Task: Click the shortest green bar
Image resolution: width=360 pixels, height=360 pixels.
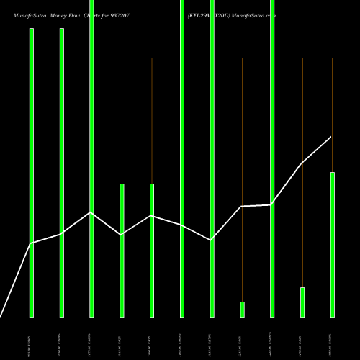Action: click(x=242, y=309)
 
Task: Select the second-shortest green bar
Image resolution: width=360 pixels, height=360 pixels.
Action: click(x=302, y=302)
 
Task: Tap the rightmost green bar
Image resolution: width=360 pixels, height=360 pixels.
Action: click(x=332, y=244)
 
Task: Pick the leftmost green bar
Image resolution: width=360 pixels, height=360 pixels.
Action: click(x=32, y=173)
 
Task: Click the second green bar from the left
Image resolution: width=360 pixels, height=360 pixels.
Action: click(x=62, y=173)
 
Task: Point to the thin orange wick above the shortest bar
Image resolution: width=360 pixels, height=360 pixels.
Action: click(x=242, y=180)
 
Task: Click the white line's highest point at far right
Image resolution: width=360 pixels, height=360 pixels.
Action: click(x=331, y=137)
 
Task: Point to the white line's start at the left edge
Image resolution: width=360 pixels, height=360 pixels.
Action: click(x=1, y=316)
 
